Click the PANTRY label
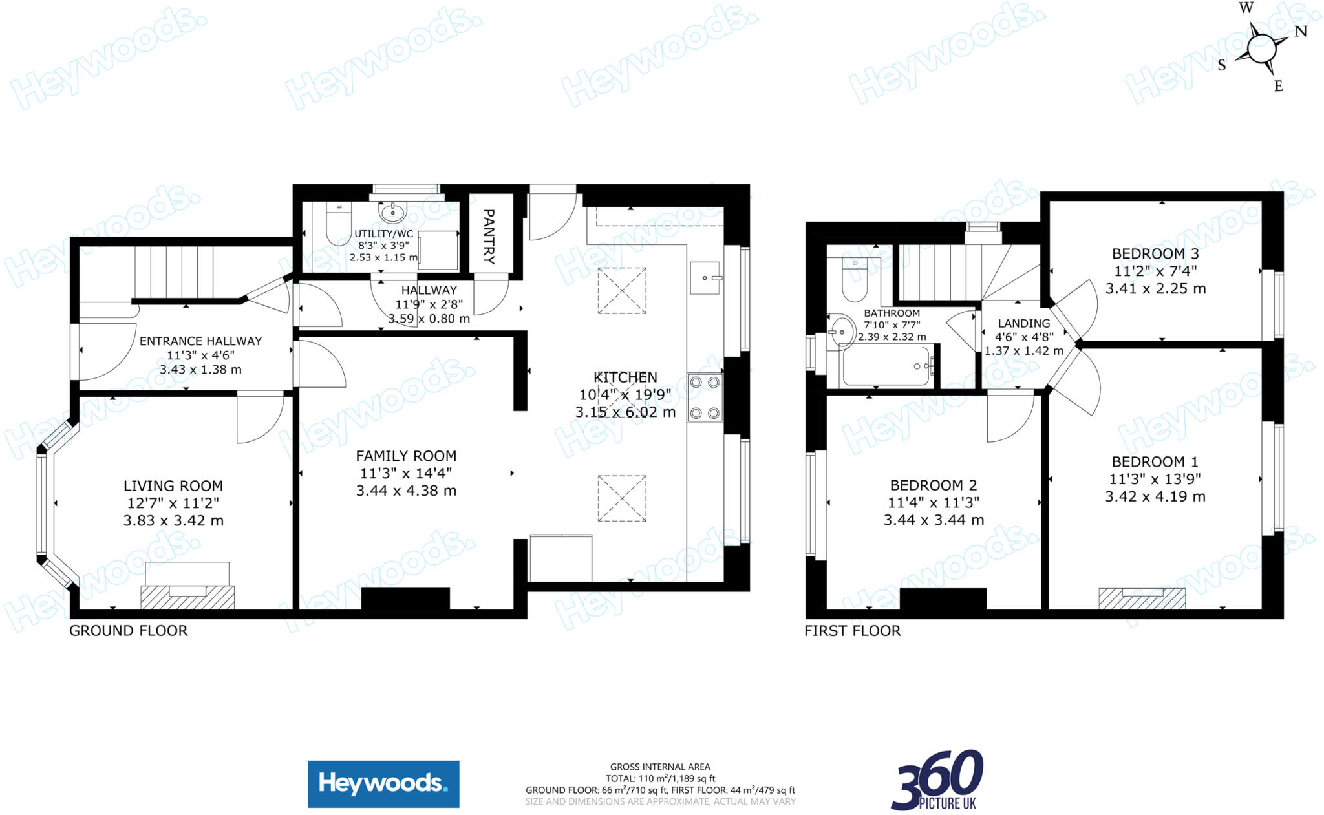point(489,236)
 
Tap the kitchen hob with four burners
point(705,397)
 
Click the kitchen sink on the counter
point(705,278)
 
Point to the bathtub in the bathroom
point(887,366)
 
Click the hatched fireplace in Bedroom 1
point(1142,598)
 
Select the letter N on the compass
point(1301,31)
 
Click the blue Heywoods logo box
point(383,784)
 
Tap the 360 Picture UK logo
point(937,779)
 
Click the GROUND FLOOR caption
point(128,631)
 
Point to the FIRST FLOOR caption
point(852,631)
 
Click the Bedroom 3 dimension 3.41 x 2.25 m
point(1155,289)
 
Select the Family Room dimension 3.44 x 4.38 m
point(406,491)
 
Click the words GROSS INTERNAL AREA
point(660,767)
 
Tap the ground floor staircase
point(173,271)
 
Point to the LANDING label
point(1023,323)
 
